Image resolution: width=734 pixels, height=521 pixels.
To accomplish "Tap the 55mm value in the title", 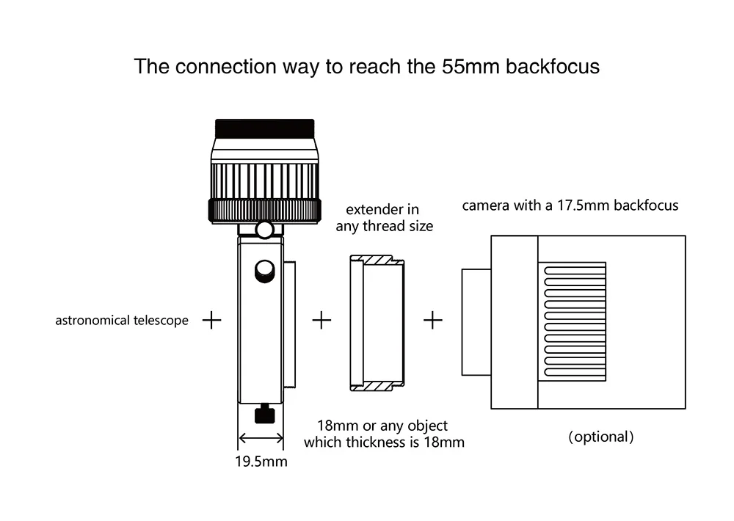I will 462,67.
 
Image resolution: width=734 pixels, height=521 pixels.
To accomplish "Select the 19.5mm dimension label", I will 261,462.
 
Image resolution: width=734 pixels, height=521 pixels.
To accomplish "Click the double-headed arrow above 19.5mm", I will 261,439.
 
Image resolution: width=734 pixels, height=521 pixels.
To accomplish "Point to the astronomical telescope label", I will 122,321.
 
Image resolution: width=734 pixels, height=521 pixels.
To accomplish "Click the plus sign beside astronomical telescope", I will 211,321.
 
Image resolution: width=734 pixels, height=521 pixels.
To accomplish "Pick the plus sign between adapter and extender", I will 322,321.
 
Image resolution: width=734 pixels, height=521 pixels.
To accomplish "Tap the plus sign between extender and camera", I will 433,321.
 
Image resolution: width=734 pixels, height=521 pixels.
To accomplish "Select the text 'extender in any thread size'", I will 385,218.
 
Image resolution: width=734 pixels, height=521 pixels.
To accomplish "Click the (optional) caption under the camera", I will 600,437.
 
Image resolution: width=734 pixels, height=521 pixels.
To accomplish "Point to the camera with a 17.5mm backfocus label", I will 570,205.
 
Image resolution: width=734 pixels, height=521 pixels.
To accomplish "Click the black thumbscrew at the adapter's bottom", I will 264,416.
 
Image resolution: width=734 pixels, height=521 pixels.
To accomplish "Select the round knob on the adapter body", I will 264,272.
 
